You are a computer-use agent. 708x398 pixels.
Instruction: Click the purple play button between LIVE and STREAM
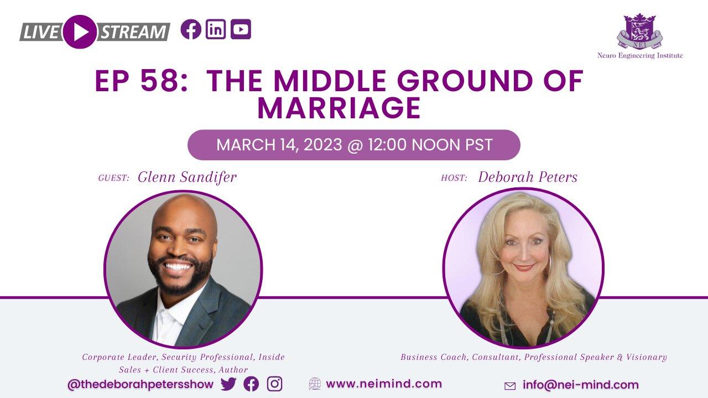[x=80, y=32]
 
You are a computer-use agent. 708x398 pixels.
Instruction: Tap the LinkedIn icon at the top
[x=216, y=29]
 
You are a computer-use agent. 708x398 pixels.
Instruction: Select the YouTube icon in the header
[x=241, y=29]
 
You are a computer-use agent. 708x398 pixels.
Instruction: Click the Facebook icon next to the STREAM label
[x=191, y=29]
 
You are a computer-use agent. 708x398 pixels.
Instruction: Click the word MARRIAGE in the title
[x=339, y=108]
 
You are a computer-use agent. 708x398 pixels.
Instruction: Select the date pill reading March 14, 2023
[x=354, y=145]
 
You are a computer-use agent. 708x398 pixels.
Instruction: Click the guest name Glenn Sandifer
[x=187, y=177]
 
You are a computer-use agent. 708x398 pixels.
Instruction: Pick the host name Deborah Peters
[x=528, y=177]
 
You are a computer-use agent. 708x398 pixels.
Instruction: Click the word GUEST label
[x=113, y=178]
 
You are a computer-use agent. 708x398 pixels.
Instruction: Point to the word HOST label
[x=454, y=178]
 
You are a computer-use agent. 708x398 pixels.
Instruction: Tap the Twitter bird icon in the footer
[x=228, y=384]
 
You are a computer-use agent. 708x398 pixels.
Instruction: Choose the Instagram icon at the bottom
[x=274, y=384]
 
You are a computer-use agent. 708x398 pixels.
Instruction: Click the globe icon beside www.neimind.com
[x=315, y=384]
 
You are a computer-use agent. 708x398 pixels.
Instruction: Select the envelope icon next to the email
[x=510, y=386]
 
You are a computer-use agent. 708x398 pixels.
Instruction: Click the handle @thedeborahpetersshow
[x=140, y=384]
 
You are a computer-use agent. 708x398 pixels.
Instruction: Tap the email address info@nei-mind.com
[x=580, y=385]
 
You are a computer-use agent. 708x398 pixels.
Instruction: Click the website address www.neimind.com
[x=384, y=384]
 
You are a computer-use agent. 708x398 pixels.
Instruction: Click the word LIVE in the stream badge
[x=40, y=32]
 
